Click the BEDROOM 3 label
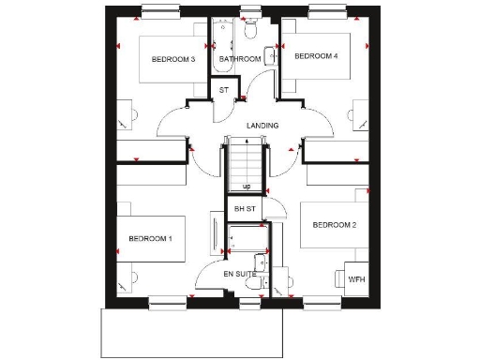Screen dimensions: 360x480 [172, 59]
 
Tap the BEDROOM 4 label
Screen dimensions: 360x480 [315, 56]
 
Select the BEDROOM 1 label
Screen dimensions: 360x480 [150, 239]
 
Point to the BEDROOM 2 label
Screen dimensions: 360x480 [335, 225]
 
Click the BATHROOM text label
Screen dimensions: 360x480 [239, 59]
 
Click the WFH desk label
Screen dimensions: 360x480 [356, 279]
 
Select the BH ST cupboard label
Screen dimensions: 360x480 [246, 207]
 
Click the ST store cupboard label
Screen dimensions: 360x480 [223, 90]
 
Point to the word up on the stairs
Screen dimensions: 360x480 [246, 187]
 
